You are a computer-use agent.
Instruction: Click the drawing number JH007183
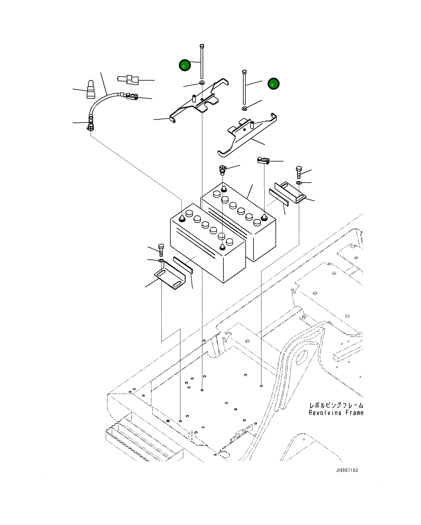pyautogui.click(x=347, y=470)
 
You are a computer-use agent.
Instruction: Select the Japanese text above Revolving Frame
pyautogui.click(x=336, y=405)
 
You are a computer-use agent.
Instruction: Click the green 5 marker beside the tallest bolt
pyautogui.click(x=185, y=65)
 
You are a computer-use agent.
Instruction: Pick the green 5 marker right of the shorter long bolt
pyautogui.click(x=273, y=84)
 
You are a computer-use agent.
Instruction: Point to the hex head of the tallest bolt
pyautogui.click(x=202, y=46)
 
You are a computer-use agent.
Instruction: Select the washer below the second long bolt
pyautogui.click(x=245, y=109)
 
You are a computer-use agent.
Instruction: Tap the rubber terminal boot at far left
pyautogui.click(x=91, y=90)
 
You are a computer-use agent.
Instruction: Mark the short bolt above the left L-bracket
pyautogui.click(x=161, y=250)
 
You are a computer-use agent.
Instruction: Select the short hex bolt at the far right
pyautogui.click(x=299, y=172)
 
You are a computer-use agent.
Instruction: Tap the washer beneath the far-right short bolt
pyautogui.click(x=299, y=183)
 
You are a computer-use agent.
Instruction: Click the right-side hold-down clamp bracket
pyautogui.click(x=290, y=192)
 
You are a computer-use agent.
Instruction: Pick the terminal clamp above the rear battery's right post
pyautogui.click(x=263, y=160)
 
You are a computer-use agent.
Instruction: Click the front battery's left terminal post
pyautogui.click(x=182, y=219)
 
